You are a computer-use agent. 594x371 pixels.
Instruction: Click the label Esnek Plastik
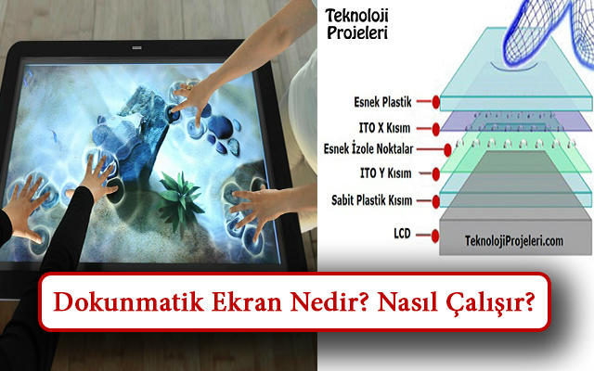coord(382,102)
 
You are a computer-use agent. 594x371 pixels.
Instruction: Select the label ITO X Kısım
coord(384,128)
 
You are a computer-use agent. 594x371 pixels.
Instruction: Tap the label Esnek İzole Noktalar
coord(368,148)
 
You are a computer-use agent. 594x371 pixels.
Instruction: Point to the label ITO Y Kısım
coord(386,173)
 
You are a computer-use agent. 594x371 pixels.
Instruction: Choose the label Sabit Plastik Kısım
coord(371,200)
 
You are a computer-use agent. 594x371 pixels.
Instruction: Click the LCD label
coord(402,233)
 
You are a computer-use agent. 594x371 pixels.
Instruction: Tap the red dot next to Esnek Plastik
coord(435,102)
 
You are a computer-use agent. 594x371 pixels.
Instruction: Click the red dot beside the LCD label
coord(435,236)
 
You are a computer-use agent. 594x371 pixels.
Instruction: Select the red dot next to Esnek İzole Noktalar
coord(447,150)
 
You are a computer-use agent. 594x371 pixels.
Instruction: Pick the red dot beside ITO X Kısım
coord(435,129)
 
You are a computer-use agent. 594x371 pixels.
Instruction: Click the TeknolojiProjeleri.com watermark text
coord(514,241)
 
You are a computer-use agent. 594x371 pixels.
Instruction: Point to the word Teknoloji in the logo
coord(356,16)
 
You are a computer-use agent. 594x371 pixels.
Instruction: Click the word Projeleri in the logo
coord(357,33)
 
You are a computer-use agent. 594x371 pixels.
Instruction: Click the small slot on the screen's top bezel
coord(136,48)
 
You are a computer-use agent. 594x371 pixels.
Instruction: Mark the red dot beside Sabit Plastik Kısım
coord(435,201)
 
